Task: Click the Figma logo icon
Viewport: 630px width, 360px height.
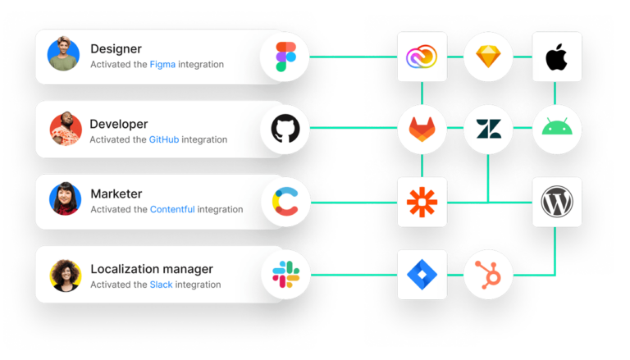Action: [x=285, y=57]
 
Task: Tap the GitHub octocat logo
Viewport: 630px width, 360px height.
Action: [x=290, y=129]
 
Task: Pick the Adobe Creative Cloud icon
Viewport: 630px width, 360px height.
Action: [x=422, y=57]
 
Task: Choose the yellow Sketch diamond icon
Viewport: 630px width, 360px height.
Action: [x=488, y=57]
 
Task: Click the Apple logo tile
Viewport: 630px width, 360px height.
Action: [x=556, y=57]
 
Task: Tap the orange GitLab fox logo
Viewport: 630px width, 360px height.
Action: [x=422, y=129]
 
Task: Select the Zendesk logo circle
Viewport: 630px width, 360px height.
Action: [x=488, y=129]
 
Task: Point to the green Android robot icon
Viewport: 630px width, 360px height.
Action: [x=556, y=129]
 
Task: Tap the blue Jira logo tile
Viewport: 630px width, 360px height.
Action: [x=422, y=274]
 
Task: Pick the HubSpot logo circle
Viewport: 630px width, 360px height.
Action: [x=488, y=274]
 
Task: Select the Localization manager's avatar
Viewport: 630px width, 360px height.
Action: [x=65, y=275]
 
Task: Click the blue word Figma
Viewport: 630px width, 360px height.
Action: [x=162, y=64]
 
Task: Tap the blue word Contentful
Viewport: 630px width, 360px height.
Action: [x=172, y=209]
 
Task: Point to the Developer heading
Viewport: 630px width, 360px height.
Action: [x=119, y=124]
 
